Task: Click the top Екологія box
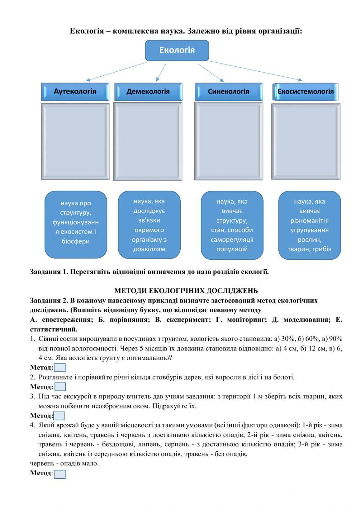177,50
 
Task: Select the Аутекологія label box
75,91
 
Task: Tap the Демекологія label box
148,91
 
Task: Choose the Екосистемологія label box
306,91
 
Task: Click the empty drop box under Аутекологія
75,141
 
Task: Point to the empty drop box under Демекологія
148,141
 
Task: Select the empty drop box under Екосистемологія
306,141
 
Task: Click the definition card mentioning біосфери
76,224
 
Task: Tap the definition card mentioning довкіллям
149,225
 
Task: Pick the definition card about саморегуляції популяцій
232,225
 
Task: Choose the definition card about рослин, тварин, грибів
310,225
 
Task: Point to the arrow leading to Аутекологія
116,71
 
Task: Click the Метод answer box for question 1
60,368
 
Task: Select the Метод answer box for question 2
60,387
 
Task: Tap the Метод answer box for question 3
59,416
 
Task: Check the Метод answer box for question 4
60,474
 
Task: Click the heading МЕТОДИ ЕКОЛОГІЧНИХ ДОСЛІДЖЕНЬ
186,291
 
